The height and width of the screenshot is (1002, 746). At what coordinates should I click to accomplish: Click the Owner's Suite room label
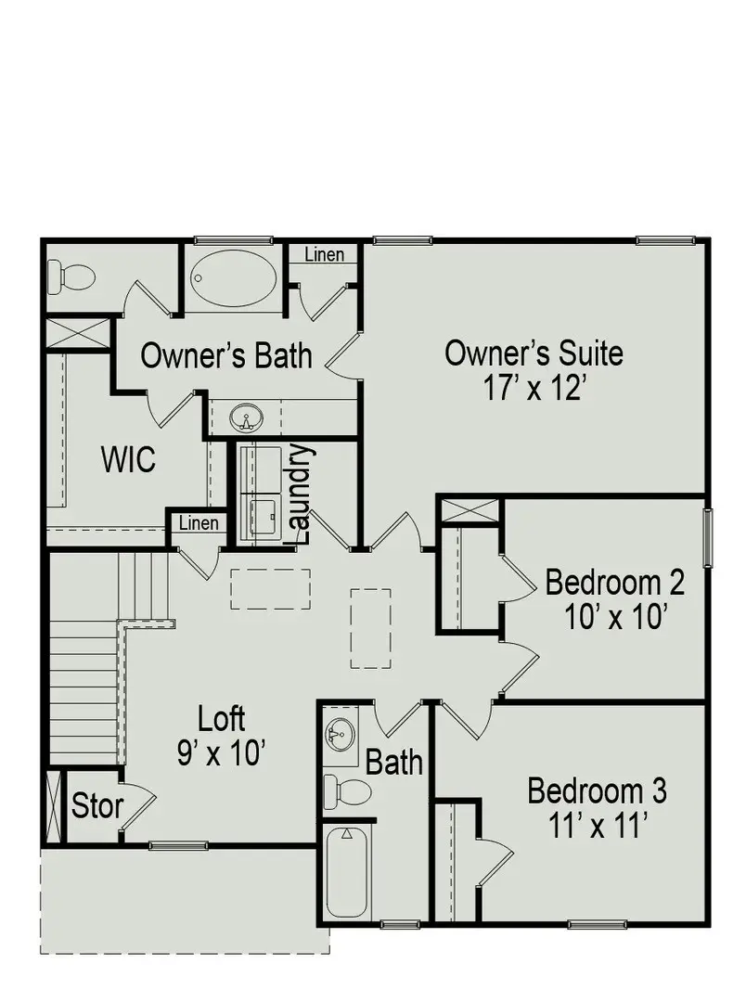534,353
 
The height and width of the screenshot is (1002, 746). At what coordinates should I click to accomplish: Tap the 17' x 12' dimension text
534,387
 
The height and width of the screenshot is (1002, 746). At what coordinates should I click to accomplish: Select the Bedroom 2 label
614,584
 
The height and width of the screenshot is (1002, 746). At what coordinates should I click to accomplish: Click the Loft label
222,718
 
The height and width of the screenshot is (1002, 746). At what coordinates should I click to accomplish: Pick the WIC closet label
128,459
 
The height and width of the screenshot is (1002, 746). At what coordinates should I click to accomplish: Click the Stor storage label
96,806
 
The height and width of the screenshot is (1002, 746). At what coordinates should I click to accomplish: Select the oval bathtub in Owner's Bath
233,276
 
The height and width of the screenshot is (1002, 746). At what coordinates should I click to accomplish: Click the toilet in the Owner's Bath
71,276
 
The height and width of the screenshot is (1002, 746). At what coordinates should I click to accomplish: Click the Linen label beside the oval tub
324,254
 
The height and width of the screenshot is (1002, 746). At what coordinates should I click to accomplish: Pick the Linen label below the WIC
199,523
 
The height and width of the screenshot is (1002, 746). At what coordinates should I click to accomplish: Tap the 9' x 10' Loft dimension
222,752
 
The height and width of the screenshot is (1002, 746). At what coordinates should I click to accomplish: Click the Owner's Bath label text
226,355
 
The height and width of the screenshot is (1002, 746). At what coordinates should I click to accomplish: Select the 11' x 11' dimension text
597,826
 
